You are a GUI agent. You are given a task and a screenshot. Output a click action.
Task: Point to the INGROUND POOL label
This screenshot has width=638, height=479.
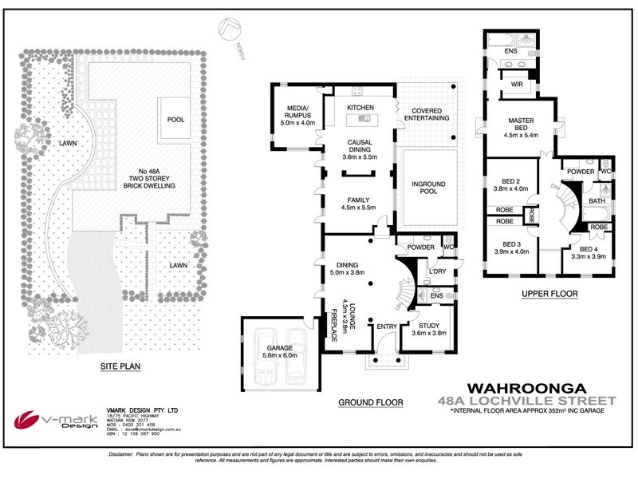click(x=429, y=188)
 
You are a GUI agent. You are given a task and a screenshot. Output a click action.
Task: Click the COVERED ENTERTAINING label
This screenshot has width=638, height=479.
click(x=429, y=113)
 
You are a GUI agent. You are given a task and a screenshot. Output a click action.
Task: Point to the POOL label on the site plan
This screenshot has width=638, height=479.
click(x=175, y=119)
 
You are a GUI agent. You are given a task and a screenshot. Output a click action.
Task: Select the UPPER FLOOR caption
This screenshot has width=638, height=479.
click(x=549, y=294)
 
